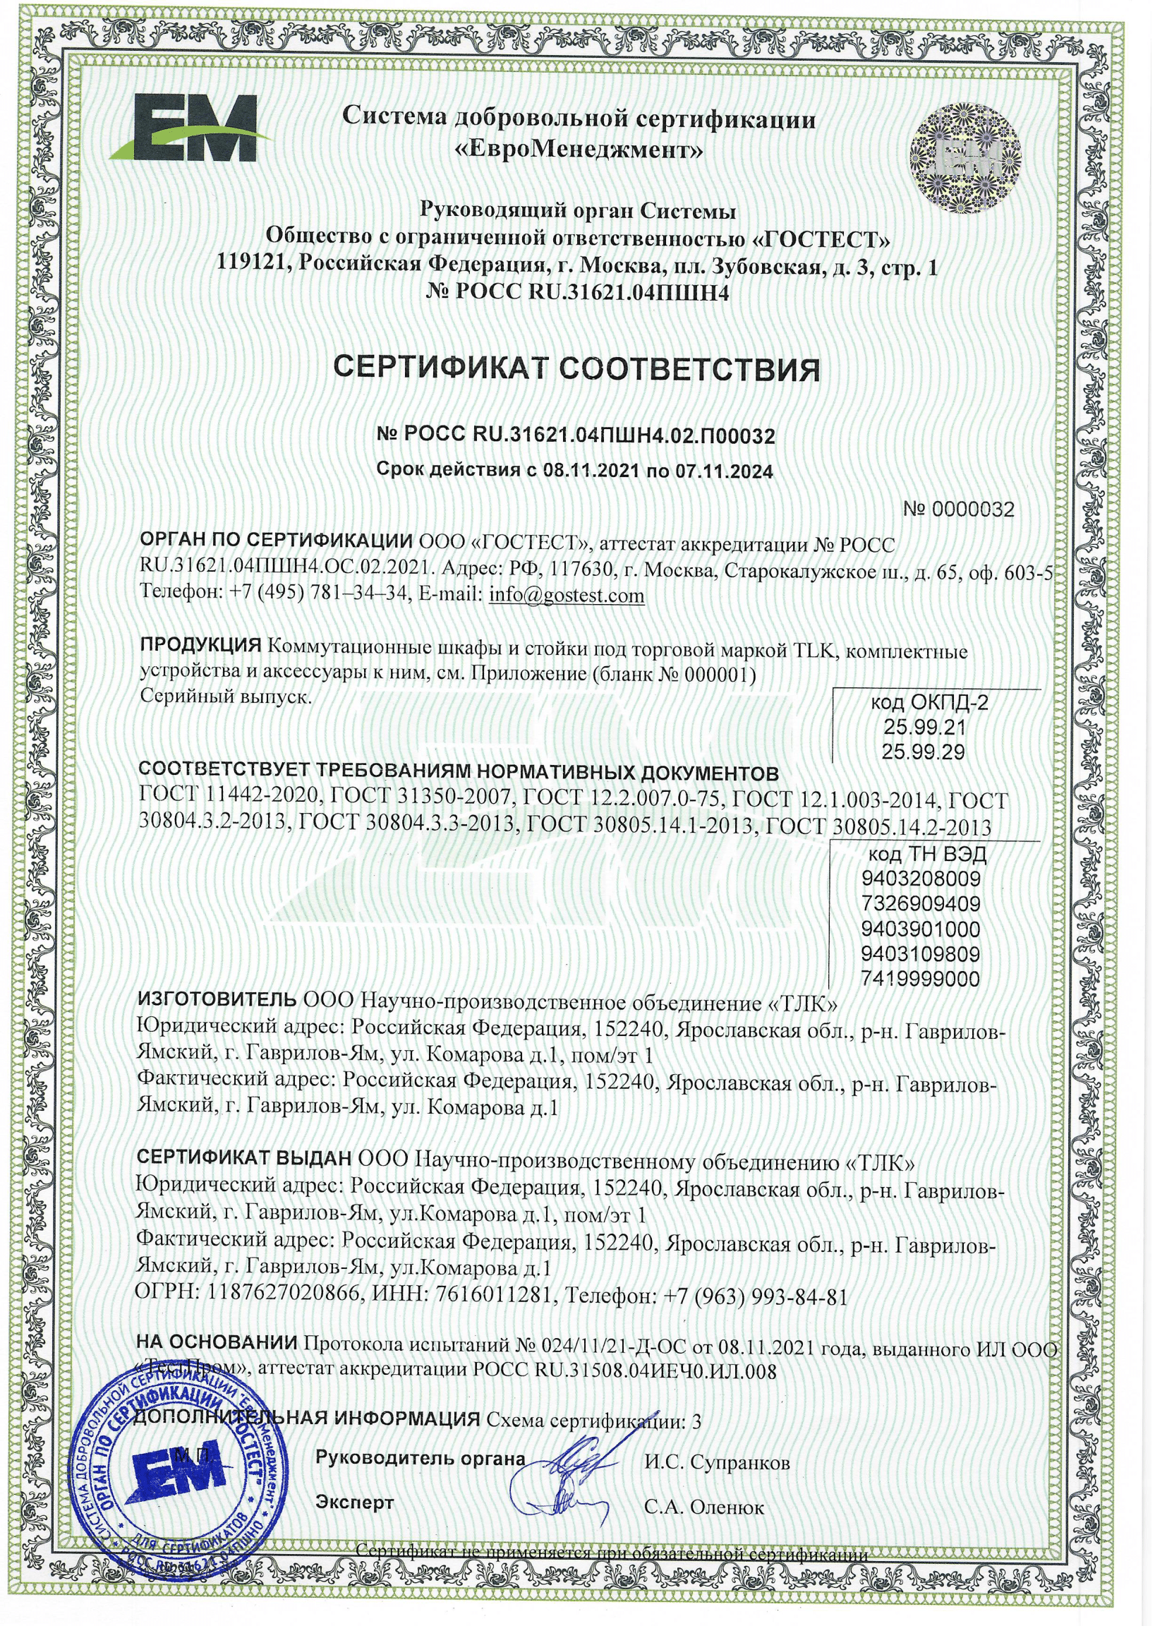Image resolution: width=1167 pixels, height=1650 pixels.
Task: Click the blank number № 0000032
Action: [959, 510]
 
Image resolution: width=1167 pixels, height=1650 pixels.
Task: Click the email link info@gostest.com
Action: [567, 596]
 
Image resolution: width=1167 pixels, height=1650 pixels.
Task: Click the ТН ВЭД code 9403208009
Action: [921, 878]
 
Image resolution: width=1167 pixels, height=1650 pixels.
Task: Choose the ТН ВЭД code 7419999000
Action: [921, 979]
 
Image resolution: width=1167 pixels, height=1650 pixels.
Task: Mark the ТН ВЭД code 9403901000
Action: [921, 929]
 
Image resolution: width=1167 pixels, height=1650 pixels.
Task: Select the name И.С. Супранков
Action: [716, 1461]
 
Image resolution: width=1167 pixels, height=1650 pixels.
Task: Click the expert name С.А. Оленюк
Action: [704, 1507]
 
